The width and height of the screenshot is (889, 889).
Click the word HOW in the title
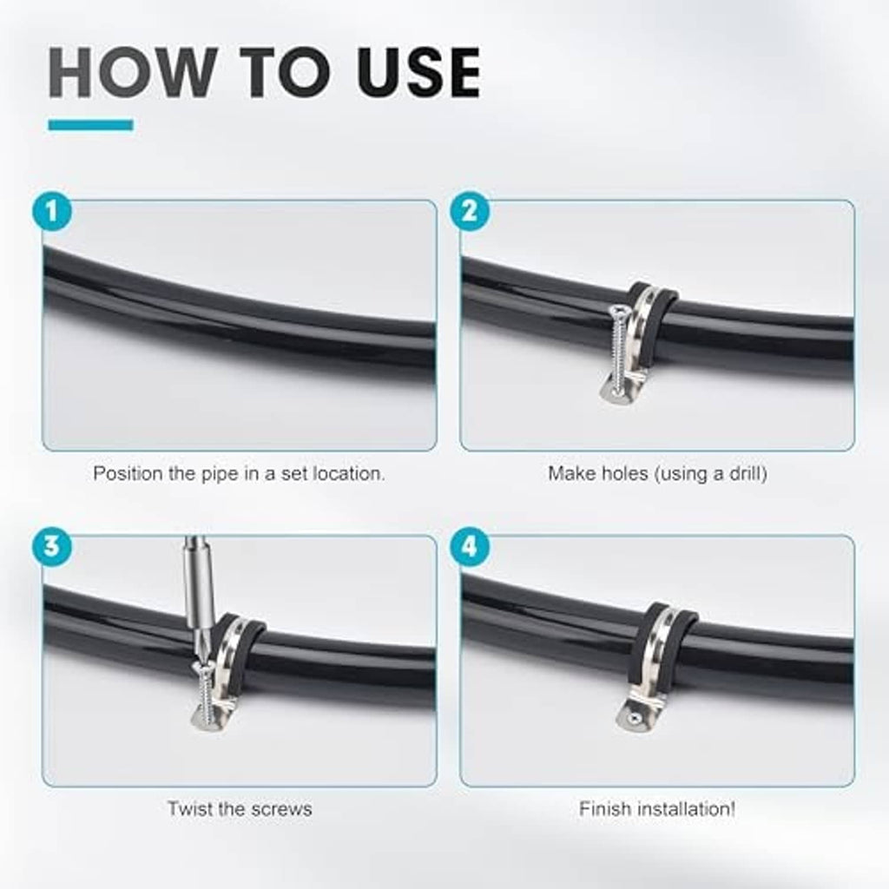133,73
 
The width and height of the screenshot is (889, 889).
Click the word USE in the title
419,73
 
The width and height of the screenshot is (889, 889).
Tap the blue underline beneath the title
90,125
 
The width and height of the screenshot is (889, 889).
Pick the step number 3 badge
51,547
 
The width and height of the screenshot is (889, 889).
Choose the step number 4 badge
470,547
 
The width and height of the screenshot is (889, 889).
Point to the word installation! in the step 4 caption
686,808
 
